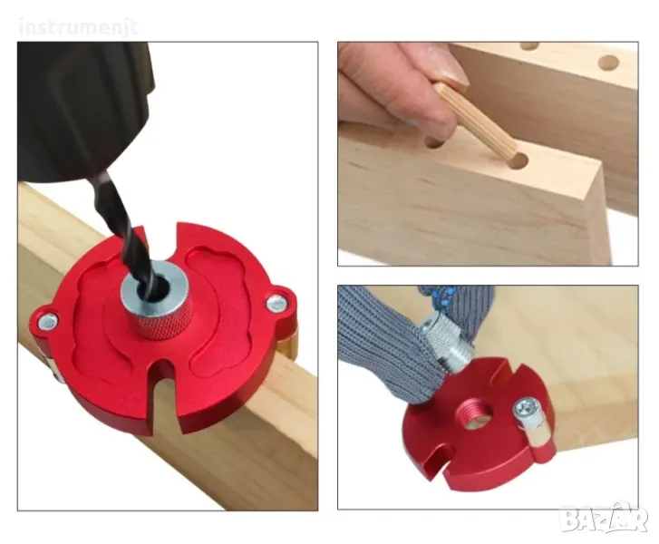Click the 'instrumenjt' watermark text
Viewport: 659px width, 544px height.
79,28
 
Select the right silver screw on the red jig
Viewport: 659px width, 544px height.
276,301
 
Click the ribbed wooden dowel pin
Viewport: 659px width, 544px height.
477,120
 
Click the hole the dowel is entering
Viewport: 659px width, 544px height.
519,161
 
